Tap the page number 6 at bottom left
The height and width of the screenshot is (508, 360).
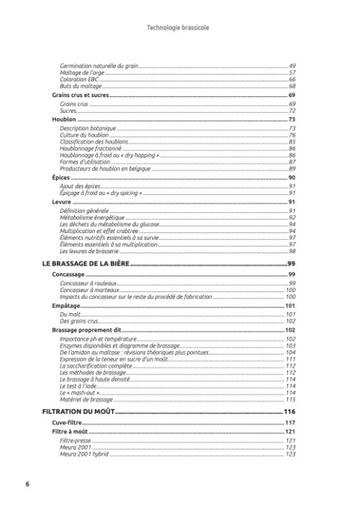click(x=27, y=484)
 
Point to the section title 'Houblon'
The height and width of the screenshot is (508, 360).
click(x=64, y=119)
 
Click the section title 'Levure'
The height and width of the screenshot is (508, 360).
click(x=62, y=202)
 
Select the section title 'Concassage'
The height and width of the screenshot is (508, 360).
click(x=69, y=276)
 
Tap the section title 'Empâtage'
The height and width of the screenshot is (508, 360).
click(x=66, y=306)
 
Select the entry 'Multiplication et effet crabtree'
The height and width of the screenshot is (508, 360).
click(x=101, y=231)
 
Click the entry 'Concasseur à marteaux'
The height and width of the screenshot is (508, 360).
click(x=89, y=290)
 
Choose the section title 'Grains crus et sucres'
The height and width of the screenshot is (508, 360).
click(x=79, y=95)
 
